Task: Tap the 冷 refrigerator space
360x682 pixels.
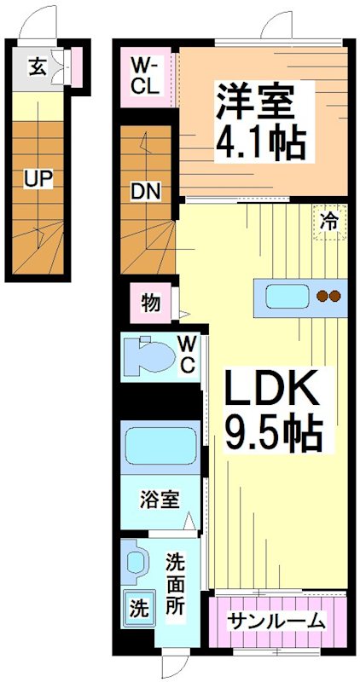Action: click(328, 223)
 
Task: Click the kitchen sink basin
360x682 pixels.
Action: click(287, 297)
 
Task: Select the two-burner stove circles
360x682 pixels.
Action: click(328, 297)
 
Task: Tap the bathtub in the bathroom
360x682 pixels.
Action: click(161, 445)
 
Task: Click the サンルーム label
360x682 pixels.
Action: click(276, 620)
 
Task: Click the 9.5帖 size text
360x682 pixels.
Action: click(272, 436)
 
